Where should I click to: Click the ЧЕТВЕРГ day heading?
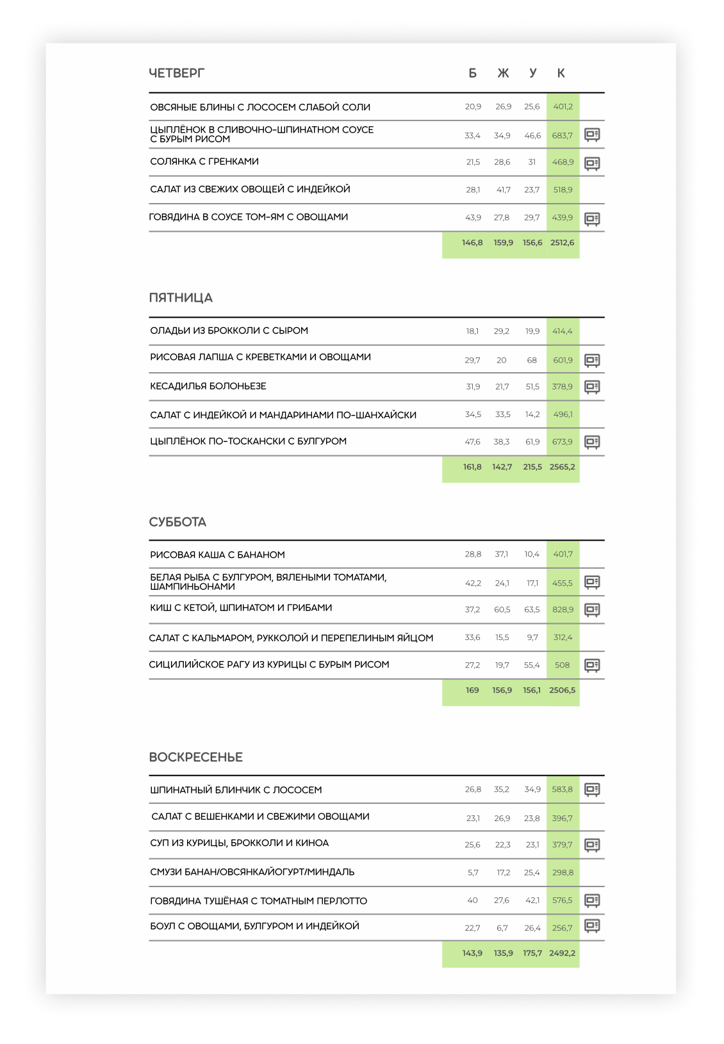pos(176,73)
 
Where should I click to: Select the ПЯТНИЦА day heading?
pos(181,298)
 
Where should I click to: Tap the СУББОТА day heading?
pos(177,522)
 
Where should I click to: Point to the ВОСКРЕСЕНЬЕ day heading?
pos(195,757)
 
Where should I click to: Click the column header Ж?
pos(503,74)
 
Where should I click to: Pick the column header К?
pos(561,74)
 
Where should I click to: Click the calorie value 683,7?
pos(562,136)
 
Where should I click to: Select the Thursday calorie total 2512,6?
pos(562,243)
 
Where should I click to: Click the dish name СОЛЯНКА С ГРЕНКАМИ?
pos(204,161)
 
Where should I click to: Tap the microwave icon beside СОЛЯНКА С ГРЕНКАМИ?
pos(592,163)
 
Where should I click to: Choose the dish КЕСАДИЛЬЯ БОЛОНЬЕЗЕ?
pos(208,386)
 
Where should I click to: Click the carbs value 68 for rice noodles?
pos(532,360)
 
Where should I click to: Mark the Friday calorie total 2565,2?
pos(562,467)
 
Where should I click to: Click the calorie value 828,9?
pos(563,610)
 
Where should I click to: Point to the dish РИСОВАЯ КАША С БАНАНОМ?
pos(217,555)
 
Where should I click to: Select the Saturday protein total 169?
pos(472,690)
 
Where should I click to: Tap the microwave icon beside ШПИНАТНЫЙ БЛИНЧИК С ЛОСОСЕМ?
pos(592,790)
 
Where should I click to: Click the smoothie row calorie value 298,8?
pos(563,872)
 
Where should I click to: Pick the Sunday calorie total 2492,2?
pos(562,953)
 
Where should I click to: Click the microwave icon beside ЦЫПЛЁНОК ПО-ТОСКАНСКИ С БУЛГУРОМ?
pos(592,442)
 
